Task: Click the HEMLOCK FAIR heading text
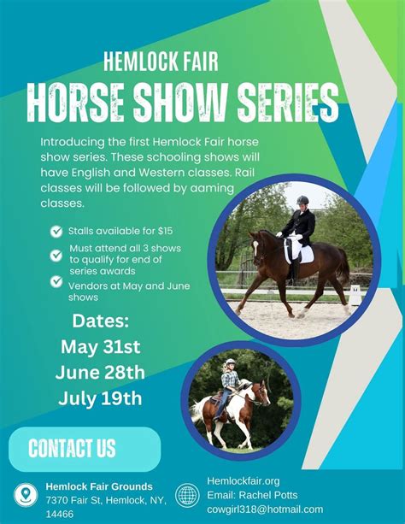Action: point(161,61)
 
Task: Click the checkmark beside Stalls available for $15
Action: point(56,231)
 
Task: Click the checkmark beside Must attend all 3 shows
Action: point(56,250)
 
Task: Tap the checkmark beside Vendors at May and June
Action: point(56,280)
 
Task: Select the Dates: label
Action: point(100,321)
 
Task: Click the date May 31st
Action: point(100,347)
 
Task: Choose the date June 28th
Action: point(100,373)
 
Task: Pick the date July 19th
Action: point(100,398)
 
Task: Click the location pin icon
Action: point(26,495)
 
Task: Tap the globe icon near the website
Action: point(187,494)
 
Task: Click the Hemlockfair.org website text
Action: point(244,481)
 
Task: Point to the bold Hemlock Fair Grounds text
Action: point(99,486)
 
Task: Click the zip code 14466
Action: point(60,514)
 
